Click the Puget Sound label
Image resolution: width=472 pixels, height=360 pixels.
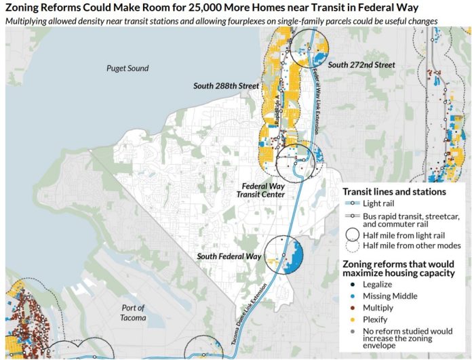(x=127, y=68)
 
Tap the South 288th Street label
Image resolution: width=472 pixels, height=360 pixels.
(x=226, y=86)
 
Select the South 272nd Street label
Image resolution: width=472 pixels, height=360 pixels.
(x=361, y=65)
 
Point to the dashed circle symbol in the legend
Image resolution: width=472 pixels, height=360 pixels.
(x=352, y=246)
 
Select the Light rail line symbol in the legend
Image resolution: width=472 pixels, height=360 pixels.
(x=352, y=203)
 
